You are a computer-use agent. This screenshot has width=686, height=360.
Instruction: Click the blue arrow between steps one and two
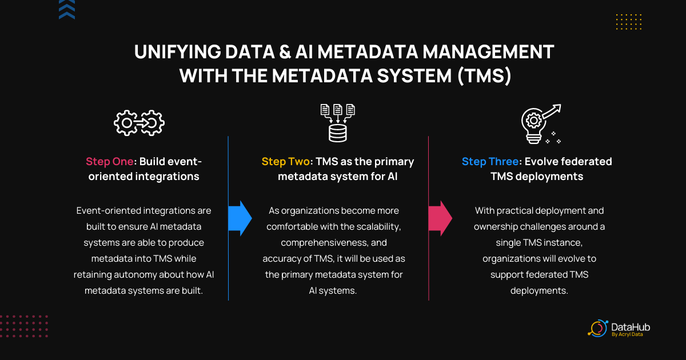coord(240,218)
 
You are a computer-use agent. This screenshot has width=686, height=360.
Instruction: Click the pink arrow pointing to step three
coord(440,218)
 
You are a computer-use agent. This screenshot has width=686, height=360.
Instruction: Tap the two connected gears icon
coord(139,123)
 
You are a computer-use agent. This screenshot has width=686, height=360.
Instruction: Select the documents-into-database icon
coord(337,123)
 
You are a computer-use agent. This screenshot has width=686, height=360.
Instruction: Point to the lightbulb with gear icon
coord(541,123)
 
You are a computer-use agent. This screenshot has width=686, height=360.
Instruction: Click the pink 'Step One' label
coord(109,161)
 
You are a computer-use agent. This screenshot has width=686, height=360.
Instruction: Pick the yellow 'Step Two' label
coord(285,161)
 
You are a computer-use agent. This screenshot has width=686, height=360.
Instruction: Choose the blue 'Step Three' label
coord(490,161)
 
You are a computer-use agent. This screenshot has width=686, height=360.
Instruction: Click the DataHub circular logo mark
coord(598,329)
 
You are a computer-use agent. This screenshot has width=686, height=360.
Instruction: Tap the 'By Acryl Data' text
coord(627,334)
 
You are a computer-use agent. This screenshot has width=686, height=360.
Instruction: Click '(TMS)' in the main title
coord(484,75)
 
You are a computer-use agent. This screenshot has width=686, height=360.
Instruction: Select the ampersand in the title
coord(285,51)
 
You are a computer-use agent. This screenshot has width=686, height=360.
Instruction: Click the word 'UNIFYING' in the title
coord(178,51)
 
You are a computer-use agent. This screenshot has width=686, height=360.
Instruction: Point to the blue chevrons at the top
coord(67,9)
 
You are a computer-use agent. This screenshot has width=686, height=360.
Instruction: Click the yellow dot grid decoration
coord(629,22)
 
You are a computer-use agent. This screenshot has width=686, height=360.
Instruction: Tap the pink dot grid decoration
coord(24,326)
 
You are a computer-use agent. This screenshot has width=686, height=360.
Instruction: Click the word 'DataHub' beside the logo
coord(631,327)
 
